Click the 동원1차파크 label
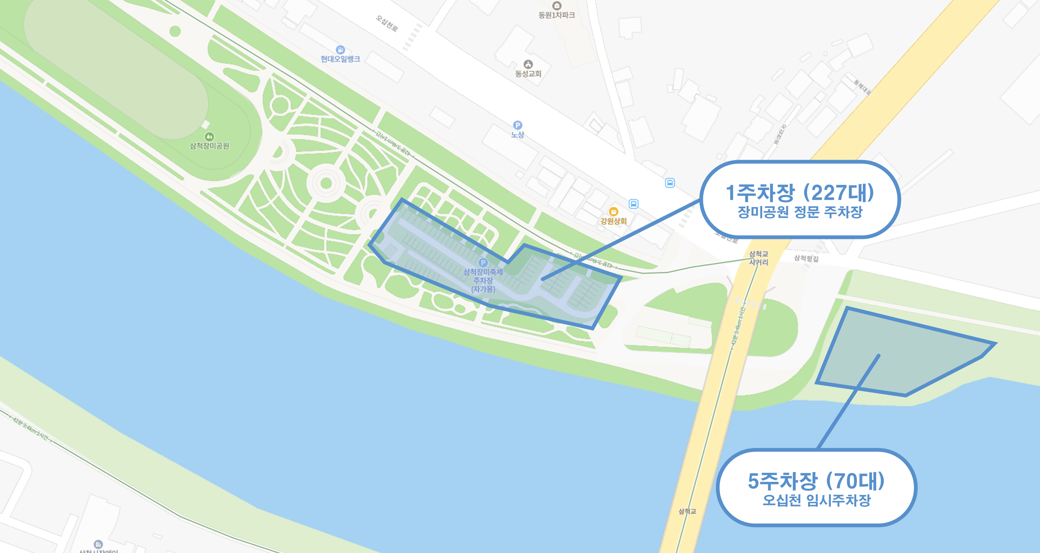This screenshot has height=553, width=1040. coord(556,15)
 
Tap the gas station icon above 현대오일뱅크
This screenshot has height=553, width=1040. coord(340,50)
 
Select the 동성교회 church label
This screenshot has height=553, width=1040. coord(528,73)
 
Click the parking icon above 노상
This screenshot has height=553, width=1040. coord(518,125)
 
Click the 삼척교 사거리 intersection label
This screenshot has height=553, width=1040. coord(759,258)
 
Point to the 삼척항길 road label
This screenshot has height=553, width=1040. coord(806,258)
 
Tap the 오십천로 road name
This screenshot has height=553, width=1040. coord(387,23)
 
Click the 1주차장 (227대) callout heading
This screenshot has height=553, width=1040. coord(800,193)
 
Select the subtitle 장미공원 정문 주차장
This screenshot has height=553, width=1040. coord(800,212)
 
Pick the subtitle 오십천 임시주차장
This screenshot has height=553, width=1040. coord(816,501)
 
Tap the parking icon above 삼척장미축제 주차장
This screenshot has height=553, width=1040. coord(483,262)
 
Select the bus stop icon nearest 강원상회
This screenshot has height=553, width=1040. coord(633,204)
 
